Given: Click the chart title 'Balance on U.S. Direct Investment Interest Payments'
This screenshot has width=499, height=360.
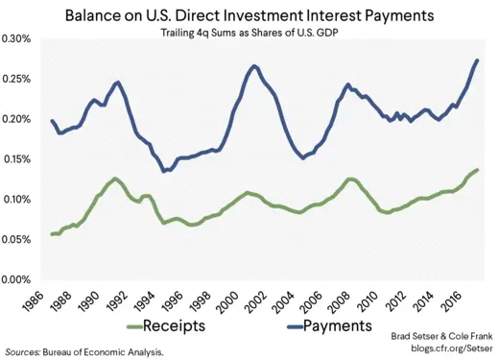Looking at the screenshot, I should click(249, 15).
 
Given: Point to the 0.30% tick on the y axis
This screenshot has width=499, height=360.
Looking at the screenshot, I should click(18, 39).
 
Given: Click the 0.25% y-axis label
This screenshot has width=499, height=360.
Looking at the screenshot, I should click(18, 80).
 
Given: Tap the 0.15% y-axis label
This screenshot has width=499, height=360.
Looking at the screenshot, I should click(18, 159).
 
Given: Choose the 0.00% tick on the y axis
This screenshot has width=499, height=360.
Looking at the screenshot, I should click(18, 280).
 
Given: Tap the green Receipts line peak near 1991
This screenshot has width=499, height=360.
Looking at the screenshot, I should click(115, 179).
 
